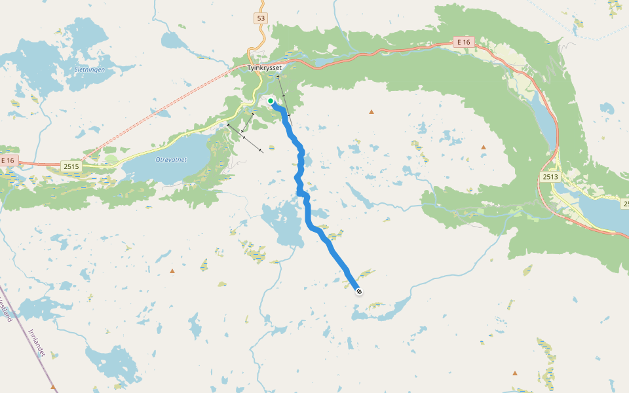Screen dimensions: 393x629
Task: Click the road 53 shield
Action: [x=261, y=18]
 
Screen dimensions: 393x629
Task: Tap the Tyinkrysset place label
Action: [x=264, y=67]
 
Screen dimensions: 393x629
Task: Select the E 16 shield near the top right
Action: [x=464, y=42]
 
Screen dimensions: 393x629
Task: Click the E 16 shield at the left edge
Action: [x=7, y=160]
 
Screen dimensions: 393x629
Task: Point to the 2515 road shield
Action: [x=71, y=167]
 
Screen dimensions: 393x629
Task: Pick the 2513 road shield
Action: [x=550, y=176]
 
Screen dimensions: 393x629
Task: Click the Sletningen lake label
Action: [x=95, y=69]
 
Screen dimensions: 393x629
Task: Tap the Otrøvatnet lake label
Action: [x=171, y=159]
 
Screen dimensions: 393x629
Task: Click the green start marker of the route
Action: [x=271, y=101]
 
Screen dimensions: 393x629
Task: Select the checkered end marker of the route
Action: [x=359, y=291]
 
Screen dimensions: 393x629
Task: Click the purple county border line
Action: [x=26, y=341]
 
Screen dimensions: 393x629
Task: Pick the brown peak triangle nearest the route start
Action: [x=372, y=112]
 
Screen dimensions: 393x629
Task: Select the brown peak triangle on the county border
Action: [x=53, y=386]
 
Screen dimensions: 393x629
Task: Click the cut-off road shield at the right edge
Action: [x=625, y=205]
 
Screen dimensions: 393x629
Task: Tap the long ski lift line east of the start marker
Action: [x=282, y=96]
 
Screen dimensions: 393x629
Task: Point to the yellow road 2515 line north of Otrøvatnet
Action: [x=190, y=132]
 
